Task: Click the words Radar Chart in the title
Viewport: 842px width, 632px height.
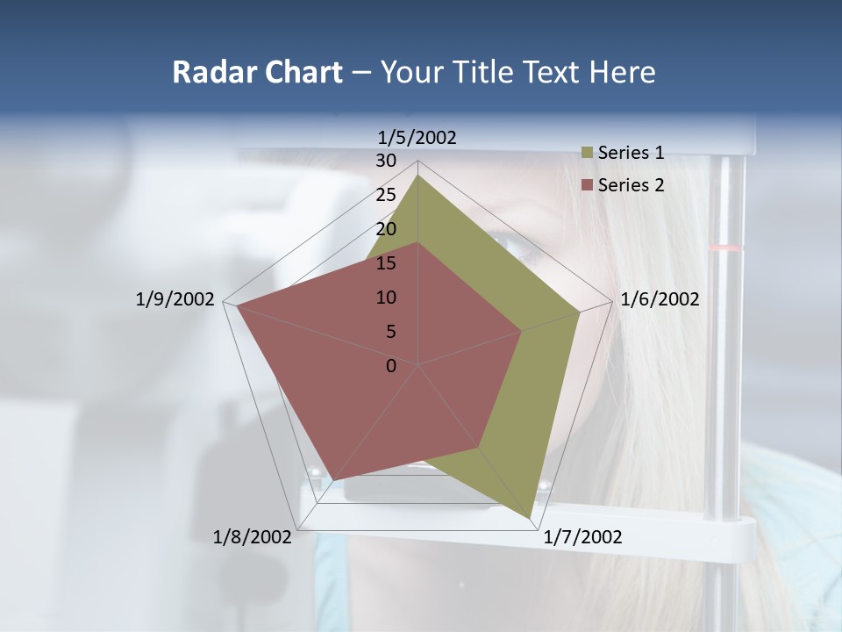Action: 257,72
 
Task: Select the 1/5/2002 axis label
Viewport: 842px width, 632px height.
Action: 417,137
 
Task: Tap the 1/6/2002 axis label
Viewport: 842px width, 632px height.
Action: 660,299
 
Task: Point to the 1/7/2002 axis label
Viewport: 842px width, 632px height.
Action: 582,537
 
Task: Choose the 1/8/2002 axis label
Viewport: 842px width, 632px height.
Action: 253,537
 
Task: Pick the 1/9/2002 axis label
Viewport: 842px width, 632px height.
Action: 175,299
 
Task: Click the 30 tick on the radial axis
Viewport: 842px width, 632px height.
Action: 386,161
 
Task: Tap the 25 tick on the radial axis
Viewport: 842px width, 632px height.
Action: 386,195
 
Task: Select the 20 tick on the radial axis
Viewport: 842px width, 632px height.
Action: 386,229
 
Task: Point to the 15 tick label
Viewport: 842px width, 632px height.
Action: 386,263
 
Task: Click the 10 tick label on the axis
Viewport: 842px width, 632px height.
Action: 386,298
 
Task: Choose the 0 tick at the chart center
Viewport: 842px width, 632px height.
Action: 391,366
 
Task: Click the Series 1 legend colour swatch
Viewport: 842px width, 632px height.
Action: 588,153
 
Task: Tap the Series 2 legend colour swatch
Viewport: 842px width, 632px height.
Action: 588,184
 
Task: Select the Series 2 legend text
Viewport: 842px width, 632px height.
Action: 631,184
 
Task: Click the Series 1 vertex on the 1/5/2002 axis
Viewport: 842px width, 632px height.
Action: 418,175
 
